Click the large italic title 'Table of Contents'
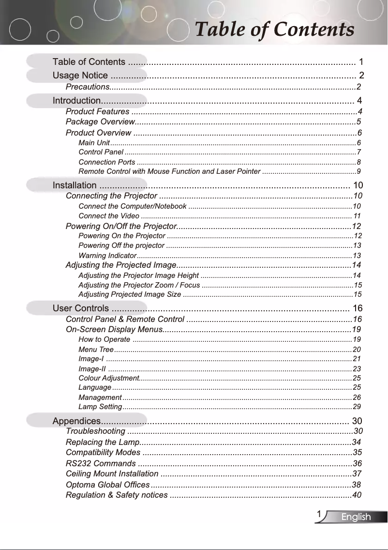click(x=274, y=30)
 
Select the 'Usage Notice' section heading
click(x=80, y=76)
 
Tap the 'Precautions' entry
click(x=88, y=87)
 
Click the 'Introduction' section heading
click(x=76, y=101)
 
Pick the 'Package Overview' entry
click(x=100, y=122)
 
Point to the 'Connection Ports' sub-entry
click(x=106, y=162)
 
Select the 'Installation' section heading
click(x=74, y=185)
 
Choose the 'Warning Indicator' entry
click(x=107, y=255)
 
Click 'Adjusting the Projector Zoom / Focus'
click(x=139, y=285)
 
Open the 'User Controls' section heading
click(x=80, y=308)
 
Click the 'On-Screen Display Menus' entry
click(x=113, y=330)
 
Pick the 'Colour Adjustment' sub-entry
click(x=108, y=378)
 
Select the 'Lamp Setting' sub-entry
click(x=100, y=406)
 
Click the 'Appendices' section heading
click(x=76, y=420)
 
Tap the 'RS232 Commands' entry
click(x=97, y=463)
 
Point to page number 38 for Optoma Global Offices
click(x=357, y=485)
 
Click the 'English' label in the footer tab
click(x=356, y=518)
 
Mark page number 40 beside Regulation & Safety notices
click(x=357, y=495)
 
